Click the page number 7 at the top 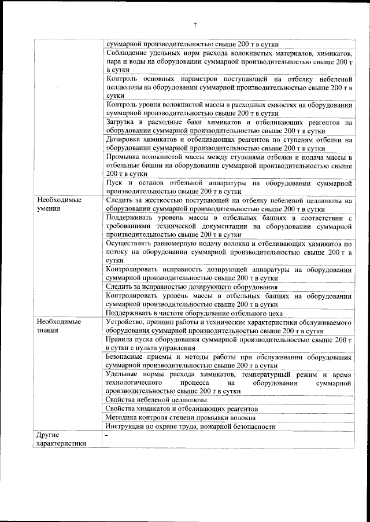coord(195,25)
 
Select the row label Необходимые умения coord(56,204)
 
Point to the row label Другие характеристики coord(61,439)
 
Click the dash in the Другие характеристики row coord(108,435)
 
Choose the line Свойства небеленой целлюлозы coord(157,400)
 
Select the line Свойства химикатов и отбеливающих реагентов coord(182,409)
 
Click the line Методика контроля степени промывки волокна coord(180,417)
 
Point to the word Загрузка coord(121,122)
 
